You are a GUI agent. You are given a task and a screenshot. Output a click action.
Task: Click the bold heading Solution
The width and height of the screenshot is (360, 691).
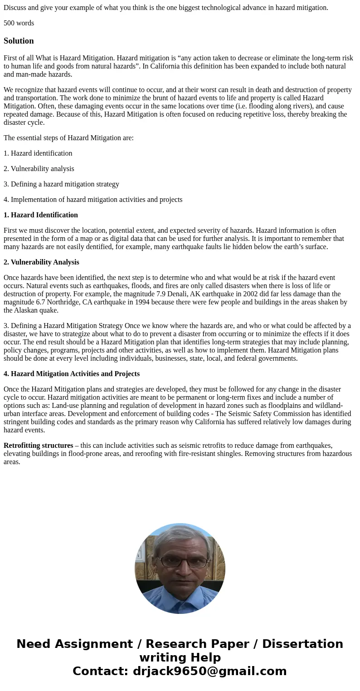(19, 41)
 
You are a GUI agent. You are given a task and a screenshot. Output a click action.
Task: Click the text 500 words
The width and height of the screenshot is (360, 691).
(19, 23)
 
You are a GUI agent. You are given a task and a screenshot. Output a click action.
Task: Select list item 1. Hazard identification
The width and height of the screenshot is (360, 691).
(38, 153)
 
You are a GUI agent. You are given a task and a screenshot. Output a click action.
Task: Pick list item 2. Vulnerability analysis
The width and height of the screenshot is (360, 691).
(39, 169)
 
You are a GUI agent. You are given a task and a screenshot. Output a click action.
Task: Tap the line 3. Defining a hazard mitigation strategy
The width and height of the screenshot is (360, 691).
(61, 184)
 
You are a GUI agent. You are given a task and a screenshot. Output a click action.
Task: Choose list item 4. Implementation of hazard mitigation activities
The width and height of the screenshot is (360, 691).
(93, 200)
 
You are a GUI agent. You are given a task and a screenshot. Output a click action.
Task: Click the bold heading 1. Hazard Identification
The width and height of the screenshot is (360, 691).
(41, 215)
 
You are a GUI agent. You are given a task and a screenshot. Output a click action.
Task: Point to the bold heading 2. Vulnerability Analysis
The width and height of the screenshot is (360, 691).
(41, 262)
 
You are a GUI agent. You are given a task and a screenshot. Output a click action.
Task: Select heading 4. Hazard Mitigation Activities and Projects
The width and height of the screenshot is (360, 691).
(72, 374)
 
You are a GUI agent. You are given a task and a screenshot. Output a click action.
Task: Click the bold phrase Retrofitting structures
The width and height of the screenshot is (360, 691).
(38, 446)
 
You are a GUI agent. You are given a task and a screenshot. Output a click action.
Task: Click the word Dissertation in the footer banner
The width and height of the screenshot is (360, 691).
(302, 644)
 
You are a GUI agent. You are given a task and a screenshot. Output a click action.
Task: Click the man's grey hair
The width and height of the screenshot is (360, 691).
(181, 540)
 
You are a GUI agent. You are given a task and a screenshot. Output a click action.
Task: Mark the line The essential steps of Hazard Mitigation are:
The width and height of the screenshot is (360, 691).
(68, 138)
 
